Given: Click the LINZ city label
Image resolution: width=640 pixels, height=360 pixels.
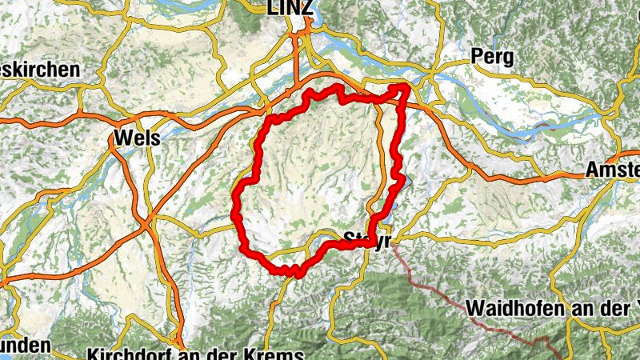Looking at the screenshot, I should pyautogui.click(x=289, y=8).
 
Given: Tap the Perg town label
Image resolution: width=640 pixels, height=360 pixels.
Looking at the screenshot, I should pyautogui.click(x=492, y=57).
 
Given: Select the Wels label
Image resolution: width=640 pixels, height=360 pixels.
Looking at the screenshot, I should pyautogui.click(x=137, y=138).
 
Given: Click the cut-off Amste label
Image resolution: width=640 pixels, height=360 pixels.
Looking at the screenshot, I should pyautogui.click(x=612, y=170).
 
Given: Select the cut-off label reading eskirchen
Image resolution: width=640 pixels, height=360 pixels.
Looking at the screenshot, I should pyautogui.click(x=40, y=70).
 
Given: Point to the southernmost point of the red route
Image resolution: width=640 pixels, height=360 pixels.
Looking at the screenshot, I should pyautogui.click(x=298, y=274).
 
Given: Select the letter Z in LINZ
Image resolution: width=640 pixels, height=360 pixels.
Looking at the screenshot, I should pyautogui.click(x=306, y=8).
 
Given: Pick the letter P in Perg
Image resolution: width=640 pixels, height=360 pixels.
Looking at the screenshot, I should pyautogui.click(x=478, y=57).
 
